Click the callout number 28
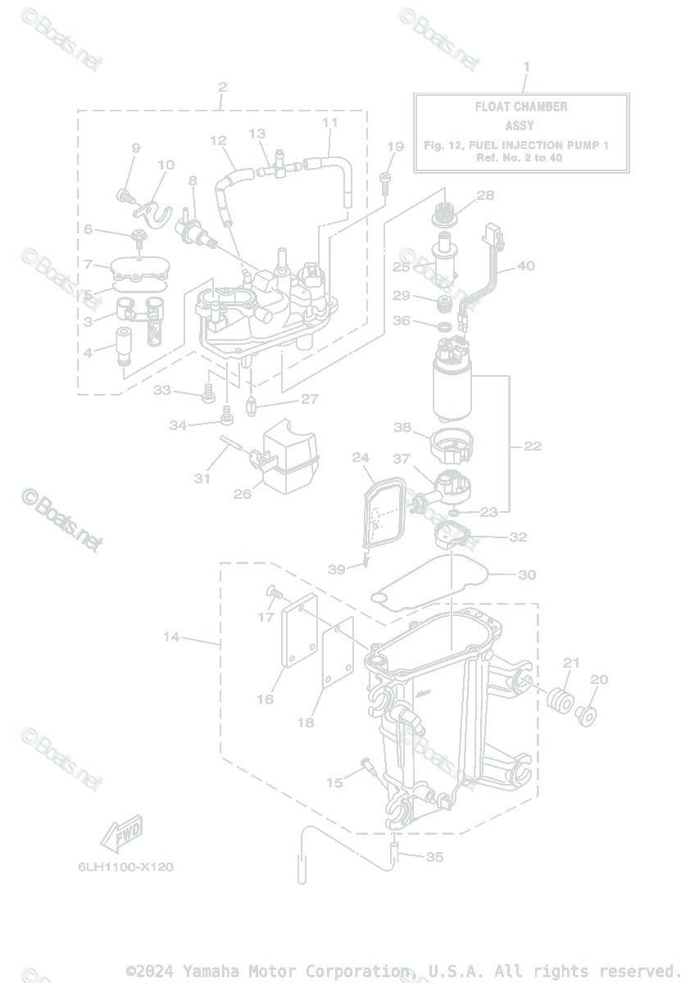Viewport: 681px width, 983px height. [x=486, y=195]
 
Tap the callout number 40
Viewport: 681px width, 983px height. [x=525, y=265]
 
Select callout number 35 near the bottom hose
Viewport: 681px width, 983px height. [x=435, y=857]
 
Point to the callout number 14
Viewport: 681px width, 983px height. [x=170, y=636]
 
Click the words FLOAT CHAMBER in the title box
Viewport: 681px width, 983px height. [x=521, y=106]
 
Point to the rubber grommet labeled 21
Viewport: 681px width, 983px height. [x=559, y=702]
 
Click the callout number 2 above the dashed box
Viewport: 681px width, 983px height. [x=222, y=87]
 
